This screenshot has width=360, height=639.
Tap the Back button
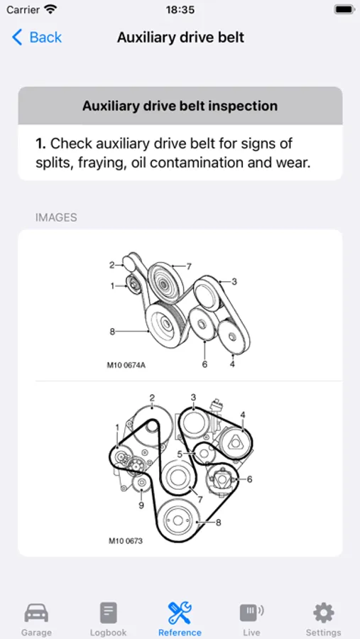point(37,38)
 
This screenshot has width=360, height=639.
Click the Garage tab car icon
point(36,613)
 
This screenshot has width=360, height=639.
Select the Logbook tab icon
point(108,613)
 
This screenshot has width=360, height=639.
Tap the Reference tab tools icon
point(180,613)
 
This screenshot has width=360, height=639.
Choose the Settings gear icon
point(323,613)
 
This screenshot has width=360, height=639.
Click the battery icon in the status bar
point(344,10)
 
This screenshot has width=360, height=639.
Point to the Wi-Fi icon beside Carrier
point(50,9)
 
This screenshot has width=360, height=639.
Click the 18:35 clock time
point(180,10)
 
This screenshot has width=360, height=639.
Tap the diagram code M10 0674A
point(126,365)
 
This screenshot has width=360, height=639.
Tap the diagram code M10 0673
point(126,541)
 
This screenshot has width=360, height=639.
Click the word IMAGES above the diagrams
point(56,218)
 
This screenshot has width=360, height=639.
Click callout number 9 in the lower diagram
point(141,506)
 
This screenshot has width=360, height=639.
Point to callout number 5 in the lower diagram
point(180,453)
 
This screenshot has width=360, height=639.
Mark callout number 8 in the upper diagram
point(112,332)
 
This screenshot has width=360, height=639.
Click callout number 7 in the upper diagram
point(189,266)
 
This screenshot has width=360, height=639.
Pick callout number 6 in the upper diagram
point(204,364)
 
